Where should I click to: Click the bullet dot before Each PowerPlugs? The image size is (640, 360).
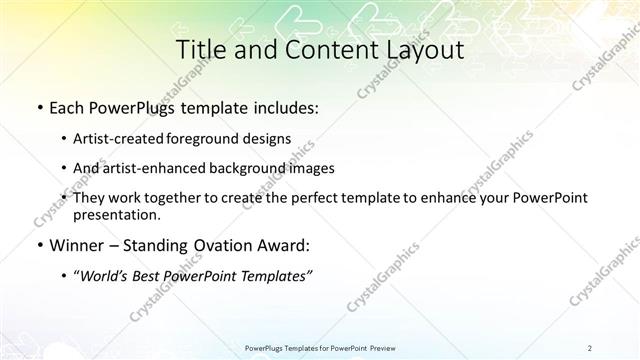point(38,106)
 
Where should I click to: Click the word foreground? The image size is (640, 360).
point(209,138)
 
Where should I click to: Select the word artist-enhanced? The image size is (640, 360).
point(153,168)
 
